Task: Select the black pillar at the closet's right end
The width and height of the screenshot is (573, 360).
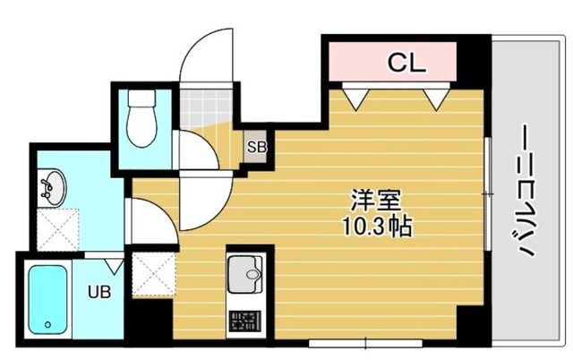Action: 474,61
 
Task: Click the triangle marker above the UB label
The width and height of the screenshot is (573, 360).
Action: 113,265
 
